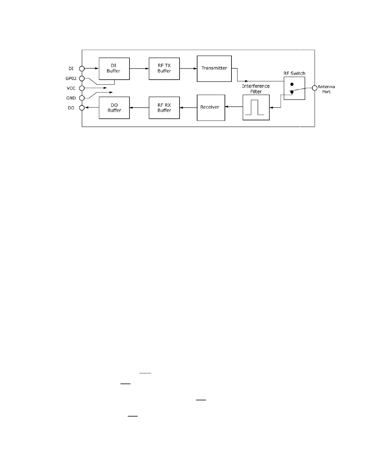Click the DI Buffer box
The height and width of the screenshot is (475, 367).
pos(114,69)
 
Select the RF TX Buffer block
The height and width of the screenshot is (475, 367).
pos(164,69)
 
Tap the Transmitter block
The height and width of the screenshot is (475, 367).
pos(214,69)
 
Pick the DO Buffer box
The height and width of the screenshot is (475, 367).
pos(114,108)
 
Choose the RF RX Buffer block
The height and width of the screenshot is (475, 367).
pos(164,108)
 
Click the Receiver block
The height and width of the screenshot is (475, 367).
pos(211,108)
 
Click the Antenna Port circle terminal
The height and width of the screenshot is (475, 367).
pos(315,88)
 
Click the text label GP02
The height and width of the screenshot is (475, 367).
pos(71,78)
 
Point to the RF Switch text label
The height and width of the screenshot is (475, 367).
pos(294,73)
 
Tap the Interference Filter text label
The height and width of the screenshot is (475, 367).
pos(256,89)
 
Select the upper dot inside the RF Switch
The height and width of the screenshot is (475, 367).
pos(292,84)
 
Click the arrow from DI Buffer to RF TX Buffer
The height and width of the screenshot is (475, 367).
pos(139,68)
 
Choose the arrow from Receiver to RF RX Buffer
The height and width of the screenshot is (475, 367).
pos(188,108)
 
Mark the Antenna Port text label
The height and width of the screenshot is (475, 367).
pos(326,89)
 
